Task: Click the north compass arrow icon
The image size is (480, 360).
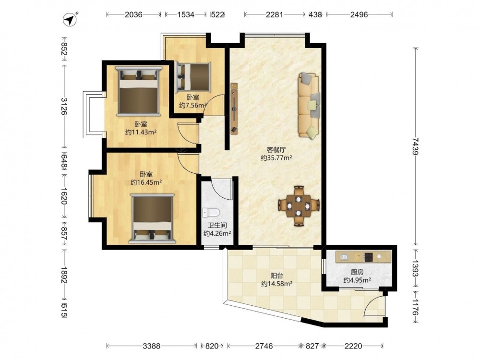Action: (71, 19)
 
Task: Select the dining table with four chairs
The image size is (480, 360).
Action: (299, 206)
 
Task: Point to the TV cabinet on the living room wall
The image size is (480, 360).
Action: (234, 108)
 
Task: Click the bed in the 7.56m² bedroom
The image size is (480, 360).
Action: (193, 77)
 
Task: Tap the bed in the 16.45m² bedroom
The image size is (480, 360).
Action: (152, 218)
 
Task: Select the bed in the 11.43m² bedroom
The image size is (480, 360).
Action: (138, 91)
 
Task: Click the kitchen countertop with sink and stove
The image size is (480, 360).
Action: (363, 257)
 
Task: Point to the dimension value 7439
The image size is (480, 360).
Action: (415, 146)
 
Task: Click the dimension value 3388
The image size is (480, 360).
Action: (152, 346)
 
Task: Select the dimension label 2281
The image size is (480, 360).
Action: (274, 14)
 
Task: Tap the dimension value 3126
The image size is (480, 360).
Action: (64, 106)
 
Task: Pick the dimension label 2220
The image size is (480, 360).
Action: (353, 346)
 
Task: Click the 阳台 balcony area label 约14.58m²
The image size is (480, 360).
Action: (277, 284)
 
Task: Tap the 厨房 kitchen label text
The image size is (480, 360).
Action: (357, 272)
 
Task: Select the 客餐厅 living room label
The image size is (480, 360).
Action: (276, 150)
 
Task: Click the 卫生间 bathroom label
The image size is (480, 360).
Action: (217, 226)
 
